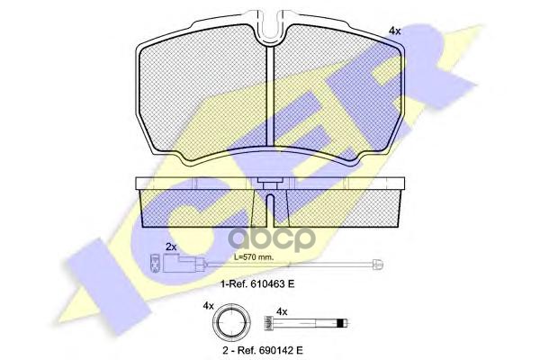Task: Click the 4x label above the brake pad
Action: coord(393,31)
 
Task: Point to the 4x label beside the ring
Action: coord(207,307)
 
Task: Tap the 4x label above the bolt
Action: coord(282,311)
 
